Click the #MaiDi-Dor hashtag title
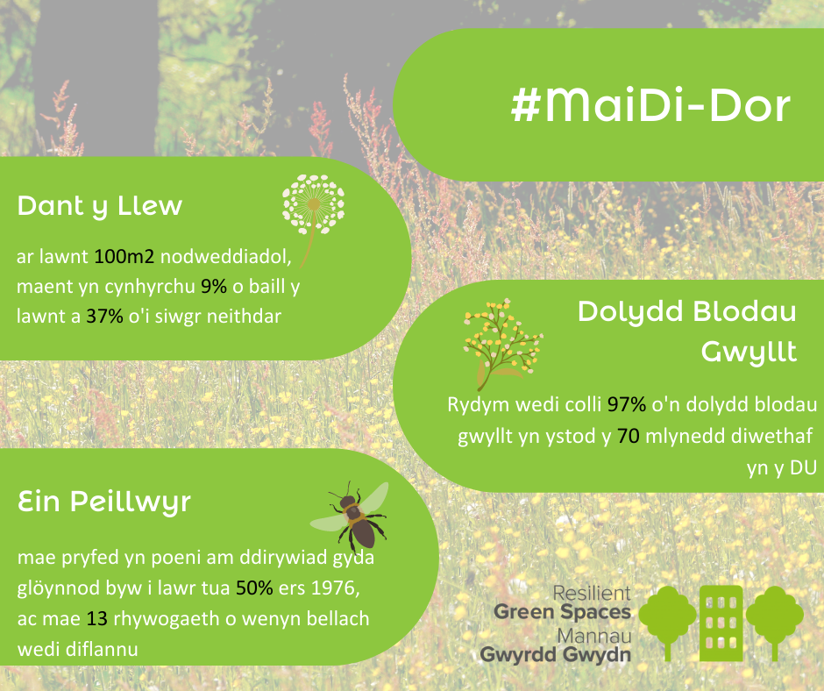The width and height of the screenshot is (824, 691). pos(650,106)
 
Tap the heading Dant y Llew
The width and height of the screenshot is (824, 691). pos(100,206)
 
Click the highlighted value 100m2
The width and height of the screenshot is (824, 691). pos(124,257)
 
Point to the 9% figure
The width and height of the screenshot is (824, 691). pos(214,287)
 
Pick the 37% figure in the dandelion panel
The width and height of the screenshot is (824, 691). pos(104,317)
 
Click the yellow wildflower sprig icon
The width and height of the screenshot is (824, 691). pos(502,343)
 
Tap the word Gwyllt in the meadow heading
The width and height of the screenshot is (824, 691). pos(749,353)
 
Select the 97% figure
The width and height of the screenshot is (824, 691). pos(627,404)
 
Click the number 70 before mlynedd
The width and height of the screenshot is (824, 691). pos(628,436)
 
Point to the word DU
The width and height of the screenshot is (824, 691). pos(804,468)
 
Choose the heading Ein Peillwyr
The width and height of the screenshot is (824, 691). pos(104,502)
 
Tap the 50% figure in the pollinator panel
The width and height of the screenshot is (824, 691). pos(254,588)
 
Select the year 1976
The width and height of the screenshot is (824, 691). pos(333,588)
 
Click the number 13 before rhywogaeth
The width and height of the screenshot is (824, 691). pos(97,619)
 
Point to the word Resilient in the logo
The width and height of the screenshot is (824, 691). pos(592,593)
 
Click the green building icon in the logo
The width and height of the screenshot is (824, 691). pos(721,623)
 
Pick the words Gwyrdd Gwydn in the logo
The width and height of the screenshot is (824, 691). pos(556,655)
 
